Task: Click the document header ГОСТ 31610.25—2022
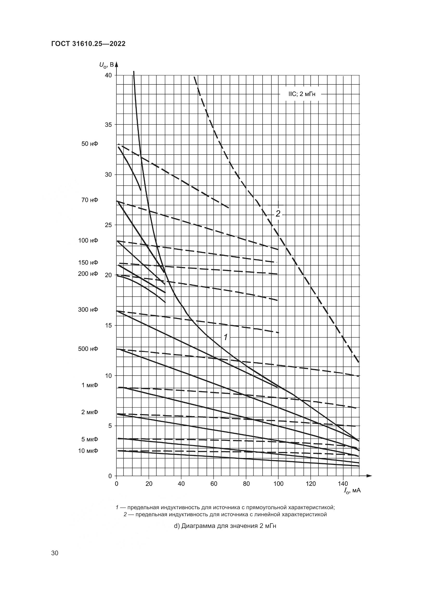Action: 88,44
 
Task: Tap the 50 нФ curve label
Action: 90,144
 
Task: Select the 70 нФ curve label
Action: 90,200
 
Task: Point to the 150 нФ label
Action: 88,263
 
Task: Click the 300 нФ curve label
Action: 88,309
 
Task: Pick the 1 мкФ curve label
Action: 89,385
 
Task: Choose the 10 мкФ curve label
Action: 88,451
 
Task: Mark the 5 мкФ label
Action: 89,439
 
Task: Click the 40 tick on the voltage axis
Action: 108,75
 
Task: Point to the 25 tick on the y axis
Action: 108,225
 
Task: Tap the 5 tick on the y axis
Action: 110,426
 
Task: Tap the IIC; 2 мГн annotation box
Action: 300,94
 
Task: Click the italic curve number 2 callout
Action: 278,214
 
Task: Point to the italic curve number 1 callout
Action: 226,337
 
